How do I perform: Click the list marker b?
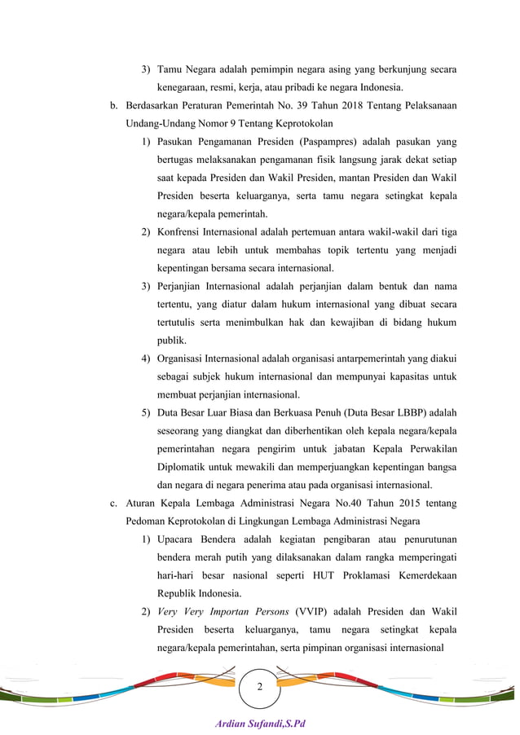[113, 105]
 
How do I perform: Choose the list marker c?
[113, 503]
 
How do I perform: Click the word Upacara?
[178, 539]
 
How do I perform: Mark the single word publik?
[171, 340]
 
